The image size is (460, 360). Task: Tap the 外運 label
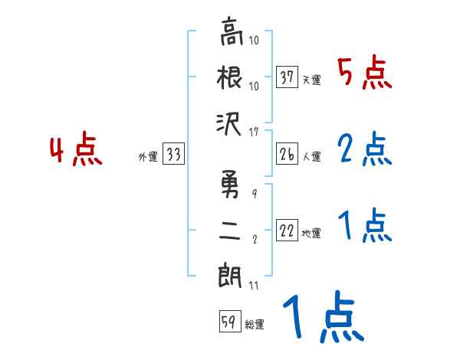pyautogui.click(x=147, y=157)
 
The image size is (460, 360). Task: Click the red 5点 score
pyautogui.click(x=364, y=74)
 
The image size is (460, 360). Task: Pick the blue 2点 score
pyautogui.click(x=364, y=150)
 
